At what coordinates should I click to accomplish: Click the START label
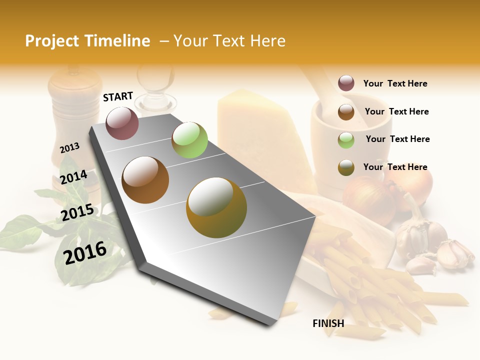[118, 96]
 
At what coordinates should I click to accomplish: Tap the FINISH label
[328, 323]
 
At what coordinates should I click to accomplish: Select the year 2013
[70, 147]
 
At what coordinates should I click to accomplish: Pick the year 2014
[73, 177]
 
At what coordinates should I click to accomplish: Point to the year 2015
[77, 212]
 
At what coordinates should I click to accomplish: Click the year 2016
[85, 252]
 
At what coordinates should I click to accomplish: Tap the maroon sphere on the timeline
[122, 123]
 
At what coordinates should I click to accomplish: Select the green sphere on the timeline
[189, 140]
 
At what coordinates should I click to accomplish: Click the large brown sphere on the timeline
[145, 179]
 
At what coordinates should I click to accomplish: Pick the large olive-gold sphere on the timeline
[216, 207]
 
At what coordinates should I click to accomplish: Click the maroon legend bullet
[346, 83]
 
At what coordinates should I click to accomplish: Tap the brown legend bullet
[346, 111]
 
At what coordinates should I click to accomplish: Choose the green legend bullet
[346, 140]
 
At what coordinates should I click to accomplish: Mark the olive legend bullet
[346, 167]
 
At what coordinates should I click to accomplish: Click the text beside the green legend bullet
[397, 139]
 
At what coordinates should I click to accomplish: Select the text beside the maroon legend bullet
[395, 83]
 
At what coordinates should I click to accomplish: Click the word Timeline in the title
[118, 41]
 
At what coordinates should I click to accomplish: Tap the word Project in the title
[52, 41]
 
